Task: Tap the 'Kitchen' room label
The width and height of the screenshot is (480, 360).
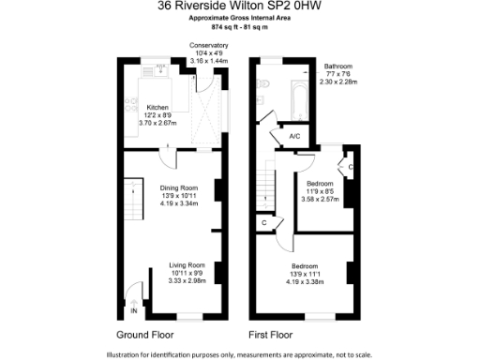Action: tap(157, 107)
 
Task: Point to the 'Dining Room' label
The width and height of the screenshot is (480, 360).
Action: tap(178, 187)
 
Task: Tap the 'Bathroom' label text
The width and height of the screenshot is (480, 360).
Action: tap(337, 67)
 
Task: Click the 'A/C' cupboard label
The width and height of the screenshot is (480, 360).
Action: tap(293, 137)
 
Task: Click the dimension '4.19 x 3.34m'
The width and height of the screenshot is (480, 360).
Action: tap(178, 203)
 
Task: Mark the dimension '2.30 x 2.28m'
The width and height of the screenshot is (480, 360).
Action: tap(338, 82)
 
